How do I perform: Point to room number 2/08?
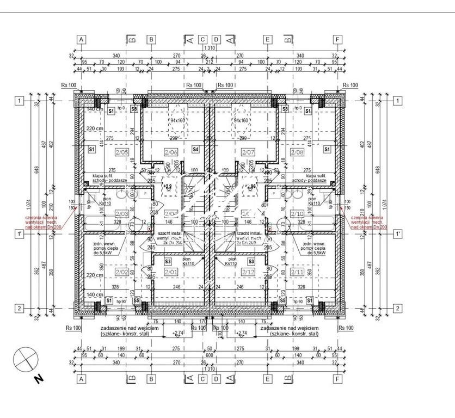pyautogui.click(x=298, y=153)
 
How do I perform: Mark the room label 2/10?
pyautogui.click(x=298, y=214)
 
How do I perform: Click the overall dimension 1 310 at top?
pyautogui.click(x=210, y=48)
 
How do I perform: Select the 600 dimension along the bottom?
pyautogui.click(x=210, y=354)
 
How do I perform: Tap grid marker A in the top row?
pyautogui.click(x=81, y=40)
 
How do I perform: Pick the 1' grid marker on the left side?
pyautogui.click(x=19, y=234)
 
